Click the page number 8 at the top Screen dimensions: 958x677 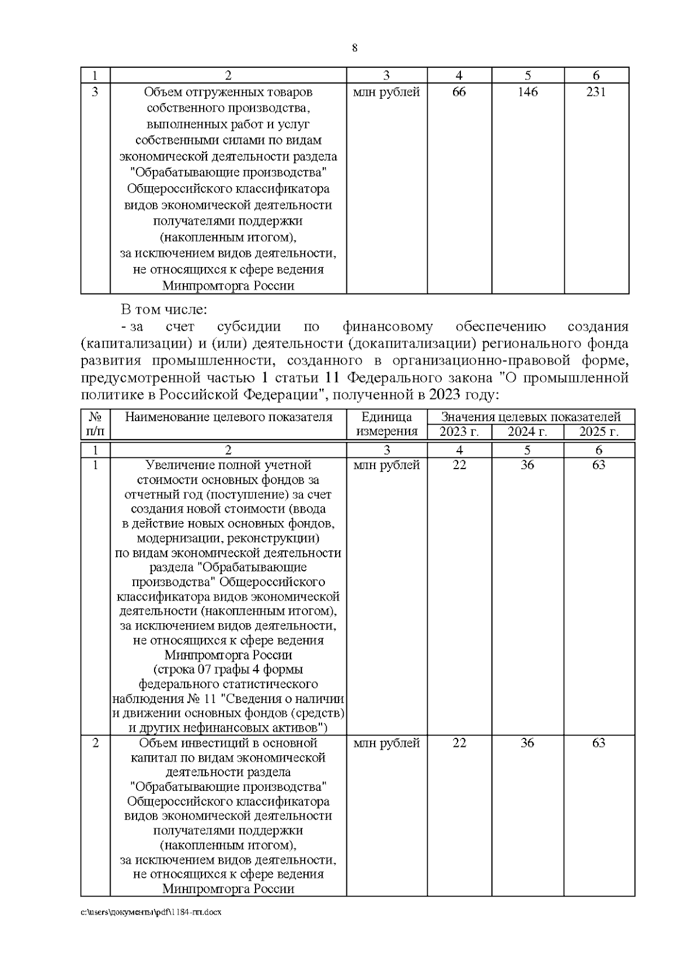click(354, 48)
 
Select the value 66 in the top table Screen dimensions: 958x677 click(459, 92)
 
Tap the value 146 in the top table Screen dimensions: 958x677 click(527, 92)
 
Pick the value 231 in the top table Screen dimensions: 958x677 click(596, 92)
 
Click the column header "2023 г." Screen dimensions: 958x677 click(459, 432)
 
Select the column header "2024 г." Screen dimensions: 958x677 click(527, 432)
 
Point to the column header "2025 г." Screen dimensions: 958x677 click(599, 432)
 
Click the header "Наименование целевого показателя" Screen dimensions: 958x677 click(228, 417)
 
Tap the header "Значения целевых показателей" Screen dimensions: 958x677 click(531, 417)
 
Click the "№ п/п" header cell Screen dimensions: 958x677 click(95, 425)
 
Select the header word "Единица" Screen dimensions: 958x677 click(386, 417)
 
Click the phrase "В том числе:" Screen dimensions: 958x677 click(164, 309)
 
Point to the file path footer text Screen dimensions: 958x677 click(151, 928)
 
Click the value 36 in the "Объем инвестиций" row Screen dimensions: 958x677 click(527, 743)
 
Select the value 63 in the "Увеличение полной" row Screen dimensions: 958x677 click(599, 465)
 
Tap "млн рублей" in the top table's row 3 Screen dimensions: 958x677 click(386, 92)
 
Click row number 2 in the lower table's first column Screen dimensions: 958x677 click(95, 743)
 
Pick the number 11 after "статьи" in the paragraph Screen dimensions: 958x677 click(332, 378)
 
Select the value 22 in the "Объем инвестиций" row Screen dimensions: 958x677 click(459, 743)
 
